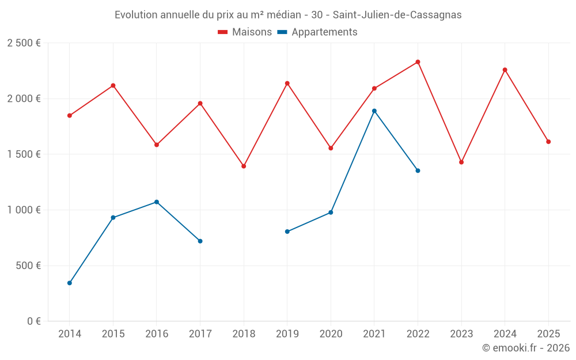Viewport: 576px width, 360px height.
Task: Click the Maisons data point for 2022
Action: click(x=418, y=62)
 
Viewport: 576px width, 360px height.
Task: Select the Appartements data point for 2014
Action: click(x=70, y=283)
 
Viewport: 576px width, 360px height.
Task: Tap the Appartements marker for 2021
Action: click(x=374, y=111)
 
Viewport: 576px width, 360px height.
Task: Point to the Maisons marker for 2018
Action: click(x=244, y=166)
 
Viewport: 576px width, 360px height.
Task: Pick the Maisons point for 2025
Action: click(x=548, y=142)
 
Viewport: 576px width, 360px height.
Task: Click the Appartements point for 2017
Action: click(x=200, y=241)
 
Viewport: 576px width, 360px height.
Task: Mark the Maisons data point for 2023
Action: click(x=461, y=162)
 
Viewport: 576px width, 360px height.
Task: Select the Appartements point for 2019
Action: click(x=287, y=232)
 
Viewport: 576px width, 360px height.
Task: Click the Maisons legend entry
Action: click(x=245, y=32)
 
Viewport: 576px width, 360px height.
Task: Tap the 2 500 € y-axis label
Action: click(x=24, y=43)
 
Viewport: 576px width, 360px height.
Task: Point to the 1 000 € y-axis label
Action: click(x=24, y=210)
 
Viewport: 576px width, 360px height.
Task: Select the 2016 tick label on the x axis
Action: click(x=157, y=334)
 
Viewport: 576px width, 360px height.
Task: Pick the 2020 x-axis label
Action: click(x=331, y=334)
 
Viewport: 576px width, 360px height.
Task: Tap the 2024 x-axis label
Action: click(x=505, y=334)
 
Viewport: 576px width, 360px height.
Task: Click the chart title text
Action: click(x=288, y=15)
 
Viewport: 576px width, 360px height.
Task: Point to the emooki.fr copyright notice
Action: click(x=525, y=348)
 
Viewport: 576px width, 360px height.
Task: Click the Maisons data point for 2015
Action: click(x=113, y=85)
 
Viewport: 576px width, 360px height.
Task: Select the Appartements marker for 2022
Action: click(x=418, y=170)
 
